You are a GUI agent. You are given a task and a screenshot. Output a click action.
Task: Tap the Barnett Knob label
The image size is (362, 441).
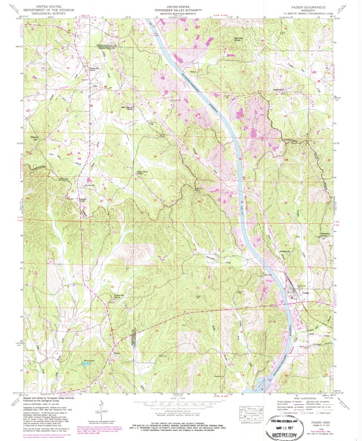240,39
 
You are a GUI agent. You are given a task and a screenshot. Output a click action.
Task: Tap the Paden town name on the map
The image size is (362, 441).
306,293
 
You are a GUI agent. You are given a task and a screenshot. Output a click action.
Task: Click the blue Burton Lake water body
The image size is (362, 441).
88,365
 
